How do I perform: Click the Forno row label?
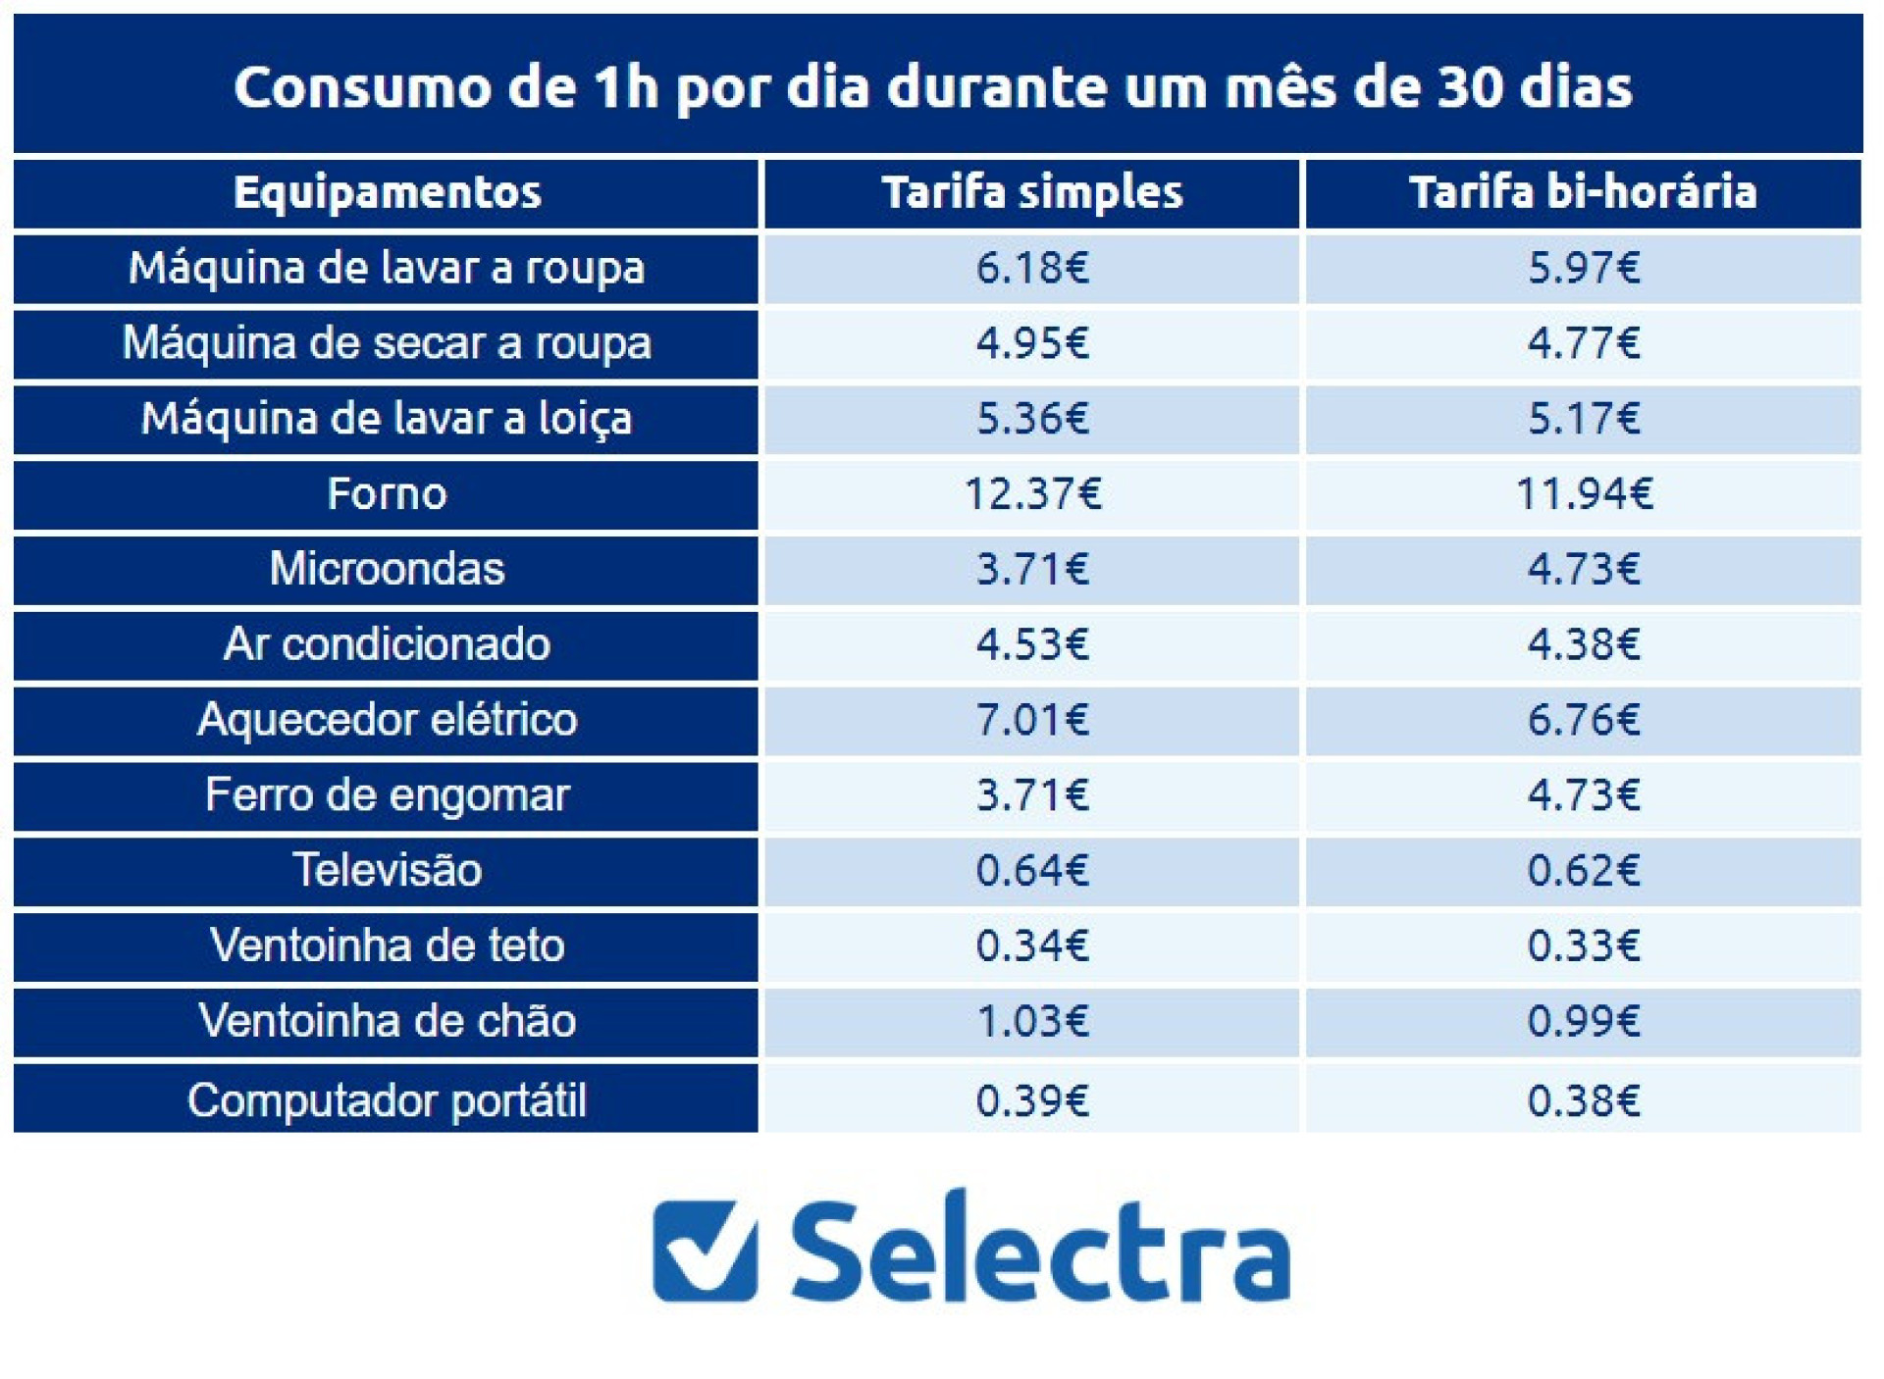[387, 493]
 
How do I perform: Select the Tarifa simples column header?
[1032, 192]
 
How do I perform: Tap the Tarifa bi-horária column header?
[1583, 192]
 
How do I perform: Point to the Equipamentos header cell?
[387, 192]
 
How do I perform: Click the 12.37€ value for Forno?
[1032, 493]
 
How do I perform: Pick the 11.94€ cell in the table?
[1583, 493]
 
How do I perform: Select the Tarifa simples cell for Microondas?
[1032, 569]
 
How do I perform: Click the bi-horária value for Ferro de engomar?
[1583, 794]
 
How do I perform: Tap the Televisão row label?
[387, 870]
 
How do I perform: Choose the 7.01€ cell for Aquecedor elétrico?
[1032, 719]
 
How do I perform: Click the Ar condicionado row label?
[387, 644]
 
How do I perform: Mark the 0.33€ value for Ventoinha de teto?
[1583, 945]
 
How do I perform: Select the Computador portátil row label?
[387, 1099]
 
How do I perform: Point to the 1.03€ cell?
[1032, 1021]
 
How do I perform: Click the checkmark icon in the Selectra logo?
[705, 1251]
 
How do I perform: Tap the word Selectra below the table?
[1040, 1251]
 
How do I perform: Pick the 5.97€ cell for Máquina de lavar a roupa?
[1583, 268]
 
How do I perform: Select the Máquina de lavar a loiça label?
[387, 419]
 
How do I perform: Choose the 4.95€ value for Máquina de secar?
[1032, 343]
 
